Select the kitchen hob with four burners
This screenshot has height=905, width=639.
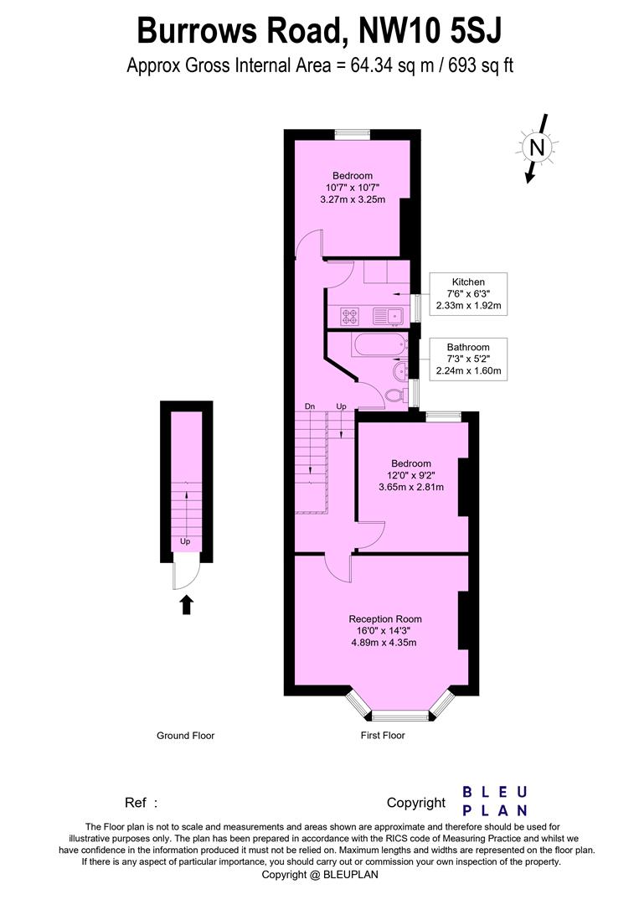349,316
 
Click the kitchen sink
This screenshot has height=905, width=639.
387,316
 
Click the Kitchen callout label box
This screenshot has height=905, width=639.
468,294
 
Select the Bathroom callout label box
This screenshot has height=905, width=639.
468,359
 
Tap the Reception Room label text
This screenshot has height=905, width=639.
385,619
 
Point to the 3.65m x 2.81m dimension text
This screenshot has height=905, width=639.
411,487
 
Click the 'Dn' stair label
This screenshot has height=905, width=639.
310,406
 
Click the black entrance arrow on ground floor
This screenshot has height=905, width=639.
186,604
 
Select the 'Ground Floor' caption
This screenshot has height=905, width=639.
185,736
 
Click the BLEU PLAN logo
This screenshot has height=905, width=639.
495,801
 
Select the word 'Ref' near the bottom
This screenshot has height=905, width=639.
137,803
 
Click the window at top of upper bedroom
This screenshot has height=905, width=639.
353,133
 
